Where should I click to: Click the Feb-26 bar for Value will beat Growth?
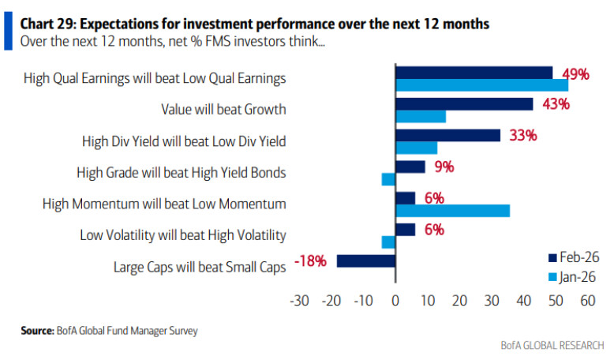464,103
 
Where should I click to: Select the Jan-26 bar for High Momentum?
452,211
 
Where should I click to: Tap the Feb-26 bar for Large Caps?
365,261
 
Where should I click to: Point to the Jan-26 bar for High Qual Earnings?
481,84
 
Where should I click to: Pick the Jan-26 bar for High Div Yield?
416,148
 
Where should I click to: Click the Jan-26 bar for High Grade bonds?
388,179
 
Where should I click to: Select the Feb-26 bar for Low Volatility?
405,229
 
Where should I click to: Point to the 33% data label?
522,135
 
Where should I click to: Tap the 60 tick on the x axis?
587,301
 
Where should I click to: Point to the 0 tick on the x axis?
395,301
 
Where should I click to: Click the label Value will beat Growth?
223,110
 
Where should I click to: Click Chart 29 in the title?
50,24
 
